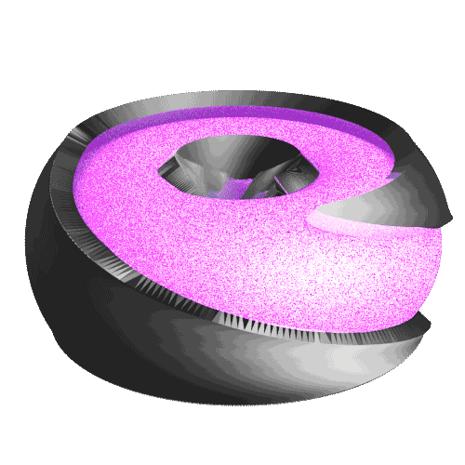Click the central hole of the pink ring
coord(237,172)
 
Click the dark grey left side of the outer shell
coord(46,251)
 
